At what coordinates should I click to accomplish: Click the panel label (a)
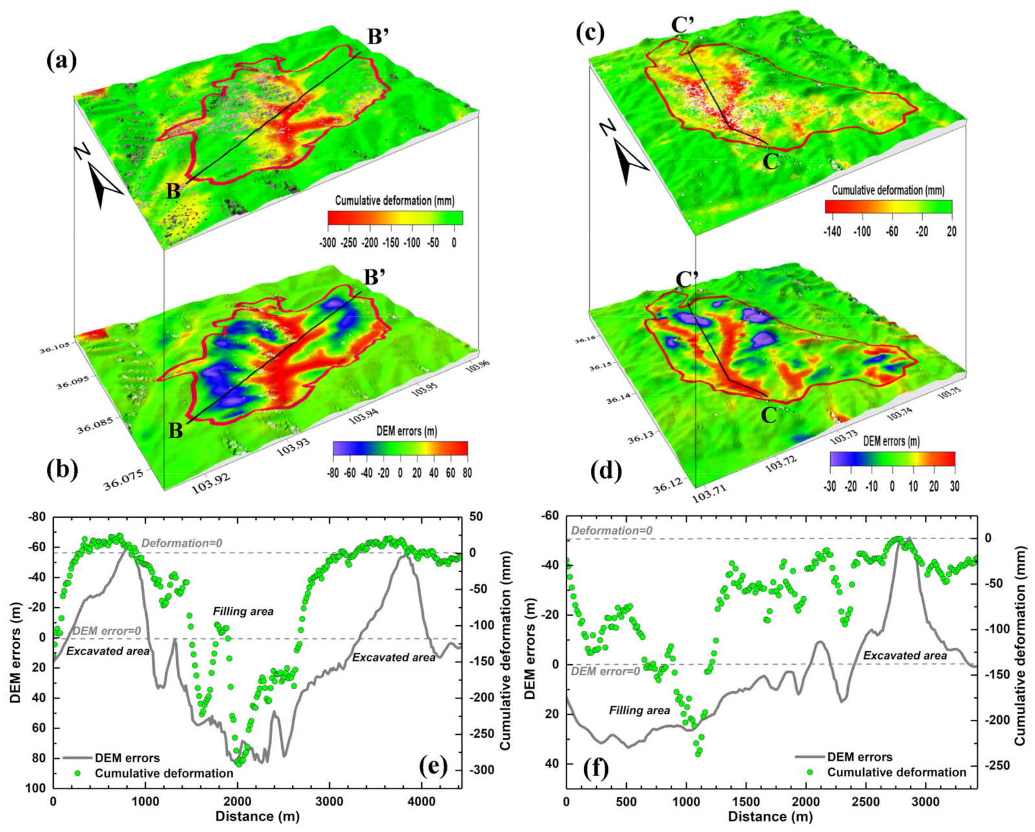pyautogui.click(x=62, y=61)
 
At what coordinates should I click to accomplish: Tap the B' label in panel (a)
pyautogui.click(x=378, y=37)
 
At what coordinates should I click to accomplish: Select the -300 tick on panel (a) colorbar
pyautogui.click(x=327, y=243)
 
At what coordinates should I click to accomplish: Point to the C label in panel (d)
pyautogui.click(x=769, y=415)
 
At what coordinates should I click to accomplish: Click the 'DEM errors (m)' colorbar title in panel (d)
pyautogui.click(x=891, y=441)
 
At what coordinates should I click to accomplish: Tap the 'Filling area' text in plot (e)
pyautogui.click(x=243, y=611)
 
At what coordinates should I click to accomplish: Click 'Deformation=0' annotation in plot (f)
pyautogui.click(x=611, y=531)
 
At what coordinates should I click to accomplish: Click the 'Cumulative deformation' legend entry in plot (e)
pyautogui.click(x=163, y=773)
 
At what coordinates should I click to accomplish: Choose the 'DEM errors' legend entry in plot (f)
pyautogui.click(x=859, y=757)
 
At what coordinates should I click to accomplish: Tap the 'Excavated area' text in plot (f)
pyautogui.click(x=905, y=656)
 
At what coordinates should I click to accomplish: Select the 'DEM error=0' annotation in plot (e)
pyautogui.click(x=106, y=631)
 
